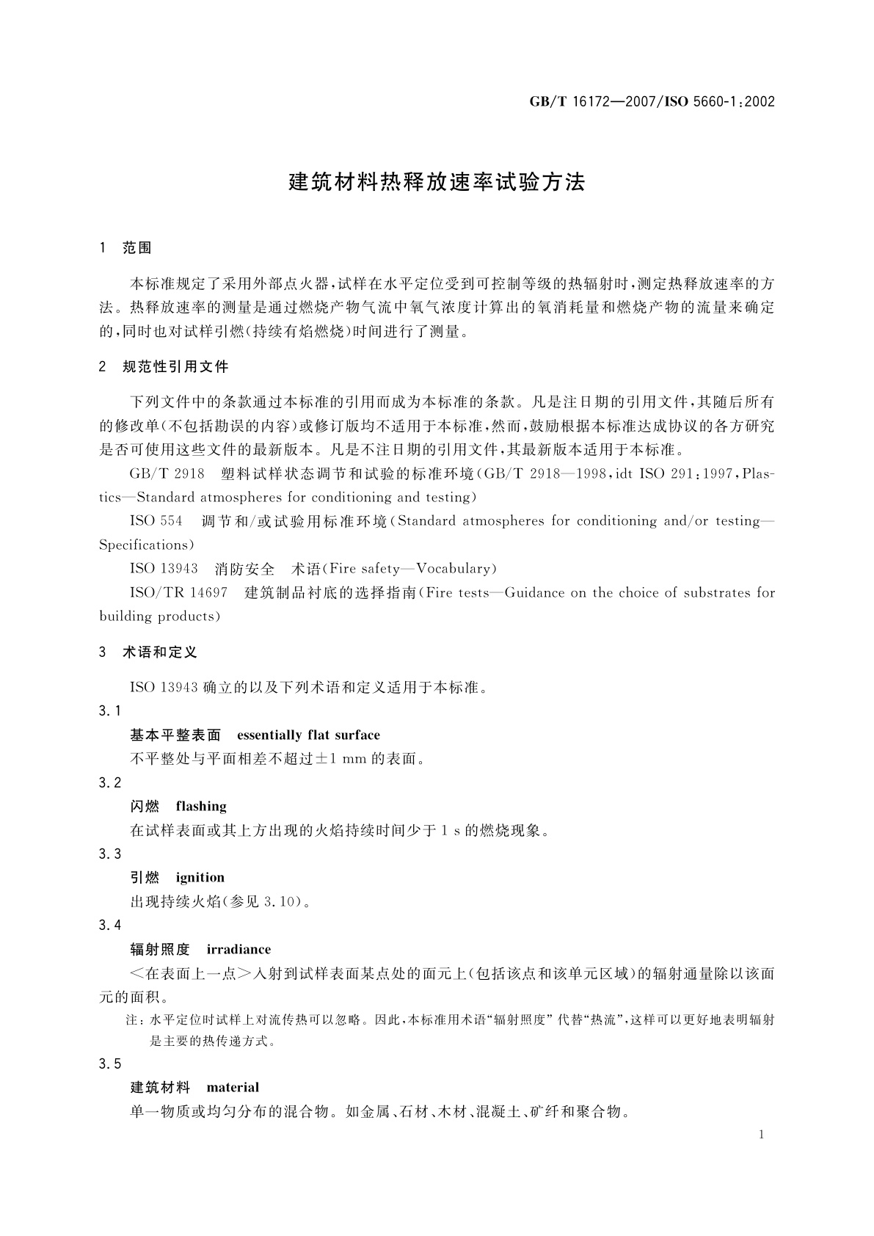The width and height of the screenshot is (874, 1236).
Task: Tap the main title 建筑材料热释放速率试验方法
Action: pyautogui.click(x=437, y=183)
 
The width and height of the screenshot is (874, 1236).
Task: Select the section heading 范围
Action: pyautogui.click(x=137, y=248)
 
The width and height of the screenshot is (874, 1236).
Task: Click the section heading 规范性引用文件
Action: pyautogui.click(x=176, y=366)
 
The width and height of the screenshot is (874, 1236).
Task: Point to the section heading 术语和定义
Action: pyautogui.click(x=160, y=652)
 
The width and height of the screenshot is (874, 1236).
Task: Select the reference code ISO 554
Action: pyautogui.click(x=156, y=521)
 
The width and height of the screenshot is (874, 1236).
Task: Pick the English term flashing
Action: pyautogui.click(x=201, y=806)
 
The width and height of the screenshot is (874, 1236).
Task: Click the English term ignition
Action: pyautogui.click(x=200, y=877)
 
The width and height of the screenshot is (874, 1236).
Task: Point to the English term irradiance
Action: pyautogui.click(x=238, y=949)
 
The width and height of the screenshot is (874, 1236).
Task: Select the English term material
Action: pyautogui.click(x=233, y=1087)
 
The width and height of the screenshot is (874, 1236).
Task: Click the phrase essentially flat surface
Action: pyautogui.click(x=308, y=735)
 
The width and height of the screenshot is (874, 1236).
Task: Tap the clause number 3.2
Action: pyautogui.click(x=109, y=782)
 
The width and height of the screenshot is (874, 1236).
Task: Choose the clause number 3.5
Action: pyautogui.click(x=109, y=1064)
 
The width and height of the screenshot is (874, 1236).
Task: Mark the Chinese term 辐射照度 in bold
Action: pyautogui.click(x=160, y=949)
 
